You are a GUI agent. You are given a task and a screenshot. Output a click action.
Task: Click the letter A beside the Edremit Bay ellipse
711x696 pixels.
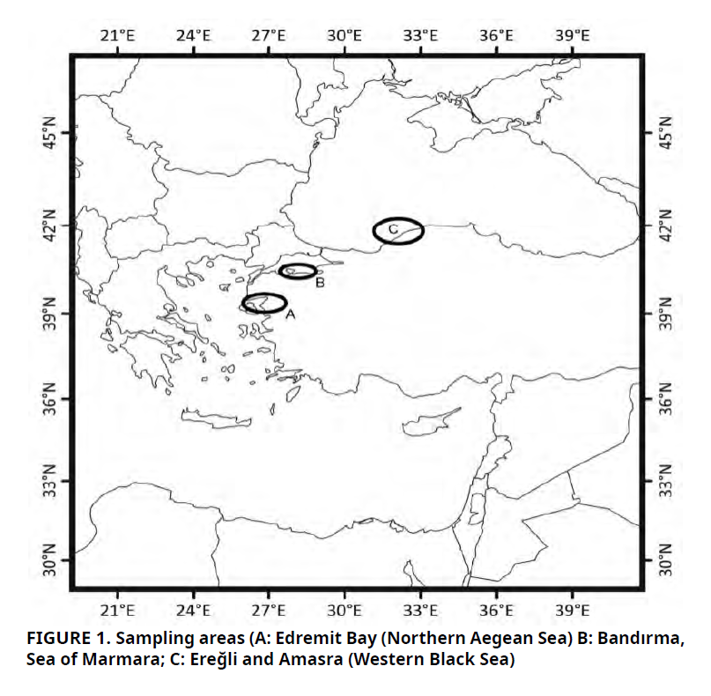[290, 313]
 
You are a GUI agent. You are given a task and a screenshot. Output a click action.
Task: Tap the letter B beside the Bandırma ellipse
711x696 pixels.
[320, 283]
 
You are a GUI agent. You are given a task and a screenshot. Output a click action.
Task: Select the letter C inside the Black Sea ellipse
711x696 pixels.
[394, 230]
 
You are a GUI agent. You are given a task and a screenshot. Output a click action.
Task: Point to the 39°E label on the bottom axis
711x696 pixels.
[572, 610]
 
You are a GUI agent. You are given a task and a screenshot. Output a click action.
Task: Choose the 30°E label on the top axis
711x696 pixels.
[344, 35]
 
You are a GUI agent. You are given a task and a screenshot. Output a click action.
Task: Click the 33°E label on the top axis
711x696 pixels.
[420, 35]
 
